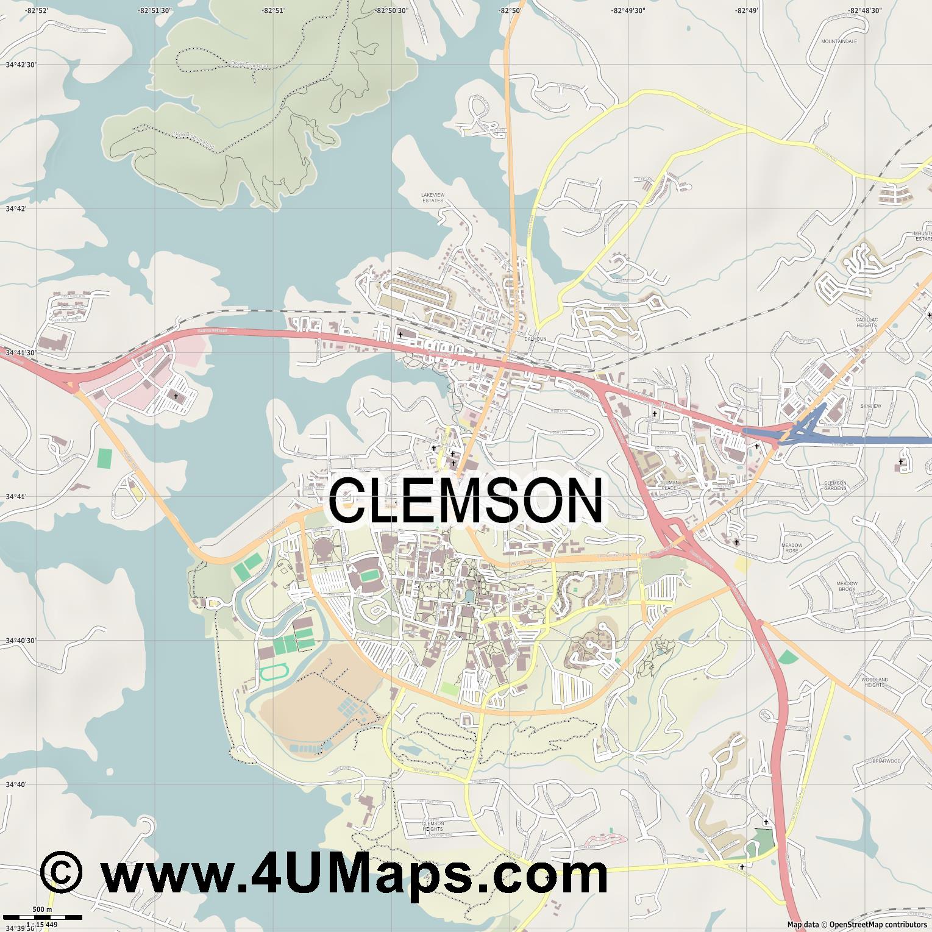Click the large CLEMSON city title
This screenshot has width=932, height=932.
click(x=466, y=500)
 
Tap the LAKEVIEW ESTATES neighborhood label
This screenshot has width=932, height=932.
click(x=433, y=197)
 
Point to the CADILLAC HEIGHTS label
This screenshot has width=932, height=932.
click(x=866, y=322)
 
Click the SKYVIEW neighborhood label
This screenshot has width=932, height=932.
click(x=870, y=406)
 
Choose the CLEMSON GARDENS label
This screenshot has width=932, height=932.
click(x=835, y=486)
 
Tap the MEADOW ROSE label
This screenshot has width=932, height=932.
click(x=792, y=547)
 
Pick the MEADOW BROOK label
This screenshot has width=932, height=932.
click(x=847, y=586)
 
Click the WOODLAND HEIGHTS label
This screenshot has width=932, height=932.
click(x=875, y=681)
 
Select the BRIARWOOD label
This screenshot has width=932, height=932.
click(x=886, y=761)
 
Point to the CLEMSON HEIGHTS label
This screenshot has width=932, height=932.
click(x=433, y=826)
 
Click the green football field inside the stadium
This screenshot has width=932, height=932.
click(x=368, y=575)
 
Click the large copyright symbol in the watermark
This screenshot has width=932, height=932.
click(x=61, y=873)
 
